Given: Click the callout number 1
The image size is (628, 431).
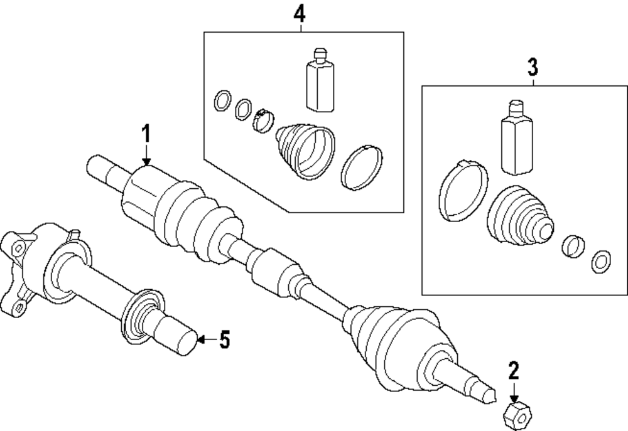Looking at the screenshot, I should tap(146, 134).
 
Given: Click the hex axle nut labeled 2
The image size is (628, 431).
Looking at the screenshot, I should tap(516, 415).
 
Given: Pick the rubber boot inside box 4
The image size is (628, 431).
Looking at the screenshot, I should tap(304, 151).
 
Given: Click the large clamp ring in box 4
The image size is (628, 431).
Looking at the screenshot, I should tap(362, 167).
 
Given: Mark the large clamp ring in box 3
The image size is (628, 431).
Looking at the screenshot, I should tap(463, 190).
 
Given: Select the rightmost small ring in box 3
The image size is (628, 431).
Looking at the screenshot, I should tap(601, 260).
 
